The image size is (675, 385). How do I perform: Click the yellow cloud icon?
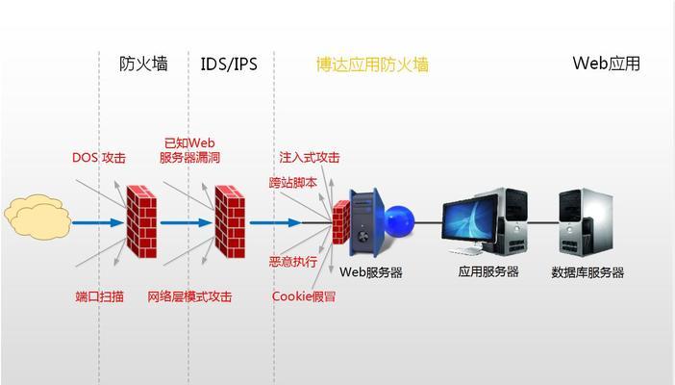click(x=37, y=217)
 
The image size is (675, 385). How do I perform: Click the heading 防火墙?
click(x=143, y=64)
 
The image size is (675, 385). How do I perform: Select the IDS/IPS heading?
click(x=229, y=64)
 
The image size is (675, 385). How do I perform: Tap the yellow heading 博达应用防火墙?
click(x=373, y=64)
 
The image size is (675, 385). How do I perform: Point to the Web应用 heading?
click(x=606, y=64)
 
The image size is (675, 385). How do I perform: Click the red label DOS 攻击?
click(x=99, y=157)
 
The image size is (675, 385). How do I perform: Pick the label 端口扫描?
click(x=99, y=296)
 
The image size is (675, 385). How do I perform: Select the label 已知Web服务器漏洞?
click(x=189, y=150)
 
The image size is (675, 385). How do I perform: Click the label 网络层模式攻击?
click(x=189, y=296)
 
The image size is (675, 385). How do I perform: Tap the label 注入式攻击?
click(x=310, y=157)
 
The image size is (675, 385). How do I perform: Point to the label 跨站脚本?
click(x=293, y=183)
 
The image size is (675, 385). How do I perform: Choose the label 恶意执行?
click(x=293, y=262)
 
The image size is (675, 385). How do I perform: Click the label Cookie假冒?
click(x=304, y=296)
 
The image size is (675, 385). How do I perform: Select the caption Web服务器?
click(x=371, y=272)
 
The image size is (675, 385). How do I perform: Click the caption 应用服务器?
click(x=488, y=271)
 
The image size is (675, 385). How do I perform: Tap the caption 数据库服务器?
click(x=587, y=272)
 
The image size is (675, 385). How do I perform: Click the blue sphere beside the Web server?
click(x=399, y=221)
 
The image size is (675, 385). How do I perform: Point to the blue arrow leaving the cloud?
click(x=98, y=223)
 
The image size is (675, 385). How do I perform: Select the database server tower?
click(x=586, y=222)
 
